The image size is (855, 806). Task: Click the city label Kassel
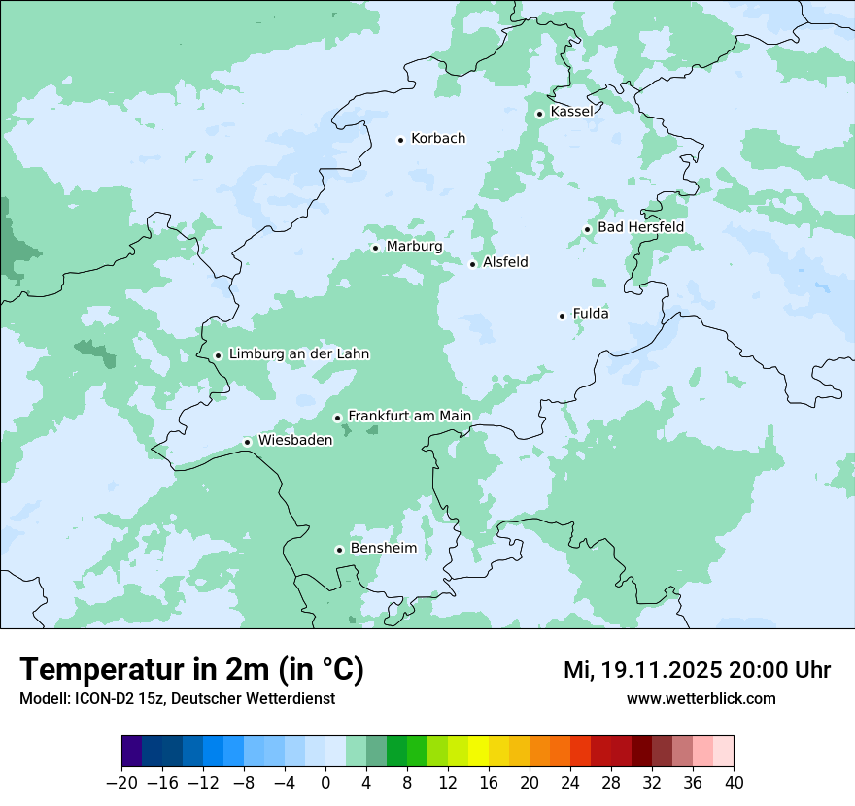coord(571,112)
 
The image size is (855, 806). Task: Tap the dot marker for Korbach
coord(400,140)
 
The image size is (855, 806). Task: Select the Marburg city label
coord(414,247)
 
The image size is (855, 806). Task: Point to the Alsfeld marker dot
coord(473,264)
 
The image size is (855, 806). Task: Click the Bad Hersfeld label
coord(640,227)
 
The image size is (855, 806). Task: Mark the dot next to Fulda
coord(562,316)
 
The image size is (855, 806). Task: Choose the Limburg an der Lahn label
coord(298,354)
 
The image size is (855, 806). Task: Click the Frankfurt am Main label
coord(409,417)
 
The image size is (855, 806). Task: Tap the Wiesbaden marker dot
coord(248,443)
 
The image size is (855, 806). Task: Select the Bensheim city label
coord(383,549)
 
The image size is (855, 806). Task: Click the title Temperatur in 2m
coord(191,670)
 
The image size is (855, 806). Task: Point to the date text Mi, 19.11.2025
coord(641,670)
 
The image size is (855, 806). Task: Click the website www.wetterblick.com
coord(701,699)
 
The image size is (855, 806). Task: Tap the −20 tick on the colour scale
coord(121,783)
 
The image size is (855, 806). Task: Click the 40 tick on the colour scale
coord(734,783)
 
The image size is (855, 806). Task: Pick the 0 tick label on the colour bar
coord(325,783)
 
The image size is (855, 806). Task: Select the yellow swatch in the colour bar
coord(478,752)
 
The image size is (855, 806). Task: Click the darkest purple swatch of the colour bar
coord(132,752)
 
